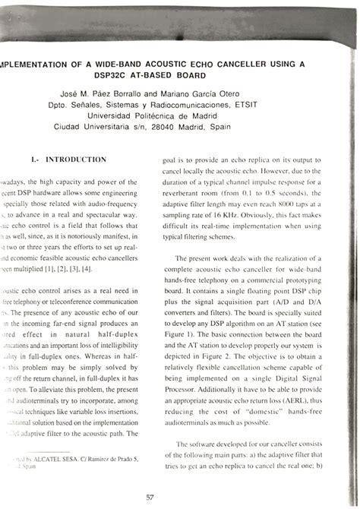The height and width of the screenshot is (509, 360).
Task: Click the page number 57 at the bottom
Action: pyautogui.click(x=150, y=497)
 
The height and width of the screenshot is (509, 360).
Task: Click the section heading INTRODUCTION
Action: pyautogui.click(x=76, y=160)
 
